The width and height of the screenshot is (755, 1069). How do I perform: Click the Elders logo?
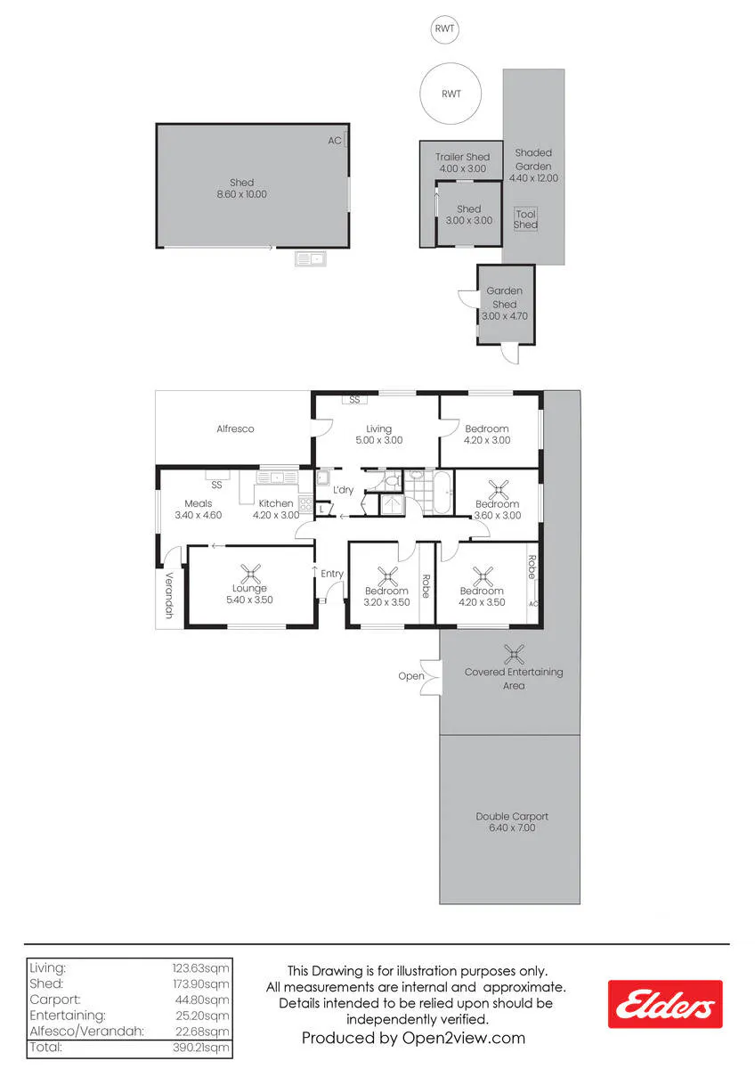pyautogui.click(x=665, y=1004)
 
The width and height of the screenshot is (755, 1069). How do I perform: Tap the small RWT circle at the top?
pyautogui.click(x=444, y=29)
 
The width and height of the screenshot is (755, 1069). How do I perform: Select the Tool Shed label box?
pyautogui.click(x=525, y=219)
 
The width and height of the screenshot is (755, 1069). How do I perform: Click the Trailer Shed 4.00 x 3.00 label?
pyautogui.click(x=462, y=163)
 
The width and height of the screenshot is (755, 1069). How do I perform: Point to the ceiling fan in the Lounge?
pyautogui.click(x=250, y=574)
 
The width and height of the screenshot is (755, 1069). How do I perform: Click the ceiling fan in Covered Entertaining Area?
pyautogui.click(x=514, y=654)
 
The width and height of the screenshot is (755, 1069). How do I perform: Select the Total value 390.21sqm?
pyautogui.click(x=201, y=1048)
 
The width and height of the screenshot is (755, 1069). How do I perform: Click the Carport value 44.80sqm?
pyautogui.click(x=202, y=1000)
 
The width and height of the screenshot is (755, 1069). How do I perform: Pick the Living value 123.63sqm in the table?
pyautogui.click(x=201, y=967)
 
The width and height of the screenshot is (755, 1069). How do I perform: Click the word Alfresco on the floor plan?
pyautogui.click(x=235, y=428)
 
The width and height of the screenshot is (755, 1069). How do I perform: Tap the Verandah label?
pyautogui.click(x=169, y=595)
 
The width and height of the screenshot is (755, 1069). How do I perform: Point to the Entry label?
pyautogui.click(x=332, y=574)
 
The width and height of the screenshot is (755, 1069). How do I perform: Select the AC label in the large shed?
pyautogui.click(x=335, y=141)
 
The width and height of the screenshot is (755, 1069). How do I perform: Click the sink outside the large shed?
pyautogui.click(x=311, y=258)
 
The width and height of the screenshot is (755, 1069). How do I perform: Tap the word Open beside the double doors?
pyautogui.click(x=411, y=676)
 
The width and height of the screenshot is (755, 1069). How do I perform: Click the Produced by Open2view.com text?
pyautogui.click(x=413, y=1038)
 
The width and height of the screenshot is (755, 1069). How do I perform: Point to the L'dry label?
pyautogui.click(x=343, y=490)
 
